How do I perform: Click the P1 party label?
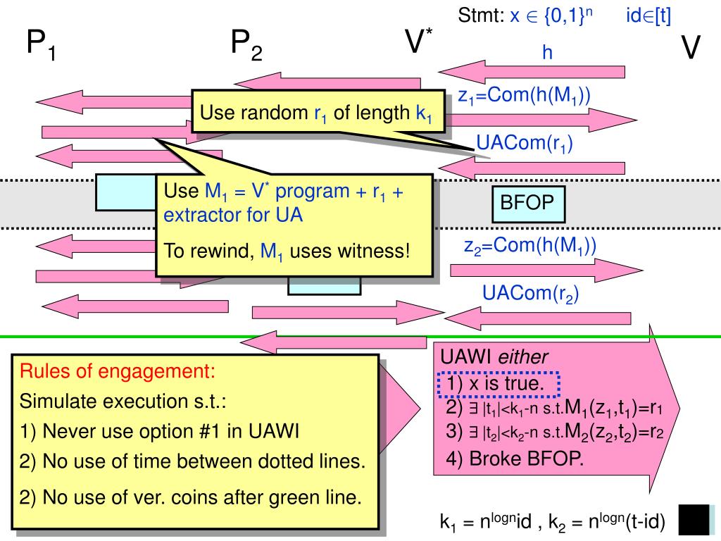coord(42,44)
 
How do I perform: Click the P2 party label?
coord(246,44)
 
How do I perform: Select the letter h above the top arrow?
coord(547,52)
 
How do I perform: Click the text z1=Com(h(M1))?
coord(524,96)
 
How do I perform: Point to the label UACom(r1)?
coord(524,144)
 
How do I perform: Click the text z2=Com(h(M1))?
coord(530,246)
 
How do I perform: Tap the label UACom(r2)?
coord(530,294)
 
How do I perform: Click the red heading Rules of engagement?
coord(118,371)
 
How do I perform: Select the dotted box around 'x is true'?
coord(499,384)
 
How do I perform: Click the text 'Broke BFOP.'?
coord(526,459)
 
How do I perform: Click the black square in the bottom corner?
coord(694,520)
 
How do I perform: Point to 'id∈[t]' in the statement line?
coord(648,16)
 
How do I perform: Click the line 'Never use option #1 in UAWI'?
coord(159,432)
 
